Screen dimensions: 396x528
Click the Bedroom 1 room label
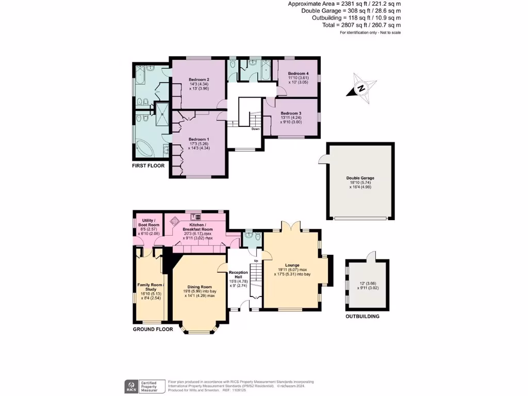coord(199,140)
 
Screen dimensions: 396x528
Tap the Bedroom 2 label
coord(199,79)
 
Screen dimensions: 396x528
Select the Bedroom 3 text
coord(291,113)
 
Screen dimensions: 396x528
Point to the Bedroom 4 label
coord(298,74)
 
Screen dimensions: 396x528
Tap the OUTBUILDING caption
coord(362,316)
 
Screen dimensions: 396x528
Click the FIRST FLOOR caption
coord(148,166)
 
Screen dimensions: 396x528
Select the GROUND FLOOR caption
coord(153,329)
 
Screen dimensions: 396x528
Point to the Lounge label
coord(292,265)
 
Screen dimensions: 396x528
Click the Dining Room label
coord(200,287)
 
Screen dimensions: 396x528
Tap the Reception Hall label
coord(238,274)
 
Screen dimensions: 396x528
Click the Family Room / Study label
coord(150,287)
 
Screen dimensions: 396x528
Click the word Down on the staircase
coord(256,129)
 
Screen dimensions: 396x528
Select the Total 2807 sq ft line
coord(361,25)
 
